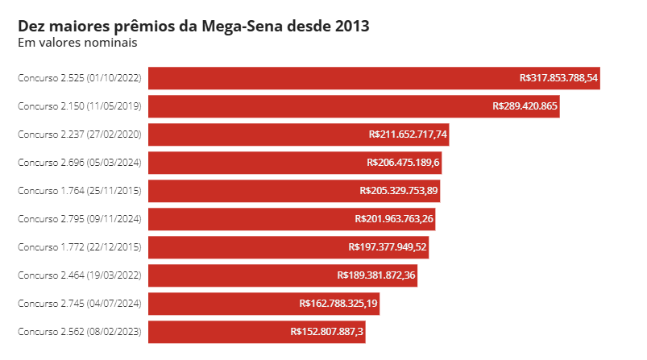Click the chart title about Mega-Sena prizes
[193, 26]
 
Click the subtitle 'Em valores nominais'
[77, 43]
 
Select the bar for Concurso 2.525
[322, 78]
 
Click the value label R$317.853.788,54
[558, 78]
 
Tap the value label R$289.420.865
[525, 106]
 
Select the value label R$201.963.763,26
[394, 219]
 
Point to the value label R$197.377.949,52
[388, 247]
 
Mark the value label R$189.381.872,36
[376, 275]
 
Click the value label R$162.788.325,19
[338, 304]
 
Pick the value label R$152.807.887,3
[327, 331]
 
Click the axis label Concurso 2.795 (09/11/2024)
[80, 219]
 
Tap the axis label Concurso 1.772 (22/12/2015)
[80, 247]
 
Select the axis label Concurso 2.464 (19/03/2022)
[80, 275]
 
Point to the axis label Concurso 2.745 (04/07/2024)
[80, 304]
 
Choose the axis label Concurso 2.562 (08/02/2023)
[80, 331]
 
